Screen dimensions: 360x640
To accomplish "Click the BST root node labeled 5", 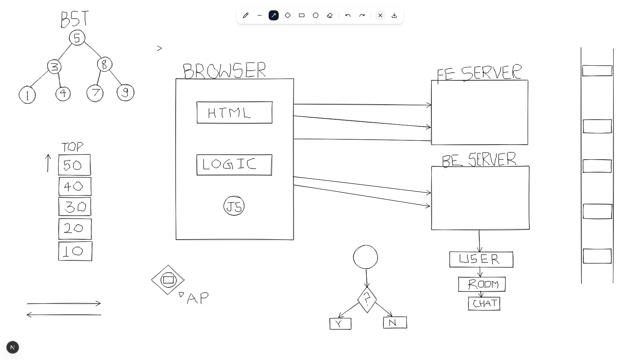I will (77, 38).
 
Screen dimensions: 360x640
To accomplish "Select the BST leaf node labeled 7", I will (95, 93).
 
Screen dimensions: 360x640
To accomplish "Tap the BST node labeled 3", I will (54, 67).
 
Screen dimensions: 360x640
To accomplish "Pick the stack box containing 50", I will (74, 165).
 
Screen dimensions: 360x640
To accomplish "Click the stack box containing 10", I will (75, 251).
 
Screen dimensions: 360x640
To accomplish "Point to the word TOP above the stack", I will (72, 147).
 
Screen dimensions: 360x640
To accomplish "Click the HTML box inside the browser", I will (234, 113).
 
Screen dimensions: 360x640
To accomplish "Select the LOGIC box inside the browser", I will (234, 165).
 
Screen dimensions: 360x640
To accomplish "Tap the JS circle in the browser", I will (234, 206).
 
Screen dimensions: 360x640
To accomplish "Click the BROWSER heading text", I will (224, 70).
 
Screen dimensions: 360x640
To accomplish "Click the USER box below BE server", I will (481, 259).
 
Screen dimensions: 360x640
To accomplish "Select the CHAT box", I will (484, 304).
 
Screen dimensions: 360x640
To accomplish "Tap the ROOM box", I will (482, 284).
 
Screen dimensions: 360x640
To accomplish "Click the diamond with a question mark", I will (367, 300).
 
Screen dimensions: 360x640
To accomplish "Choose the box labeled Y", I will (340, 324).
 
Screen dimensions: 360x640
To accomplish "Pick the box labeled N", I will (395, 323).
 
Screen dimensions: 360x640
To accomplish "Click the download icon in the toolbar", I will (394, 15).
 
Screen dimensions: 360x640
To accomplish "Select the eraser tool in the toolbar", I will (330, 15).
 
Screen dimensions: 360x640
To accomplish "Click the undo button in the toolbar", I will (348, 15).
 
